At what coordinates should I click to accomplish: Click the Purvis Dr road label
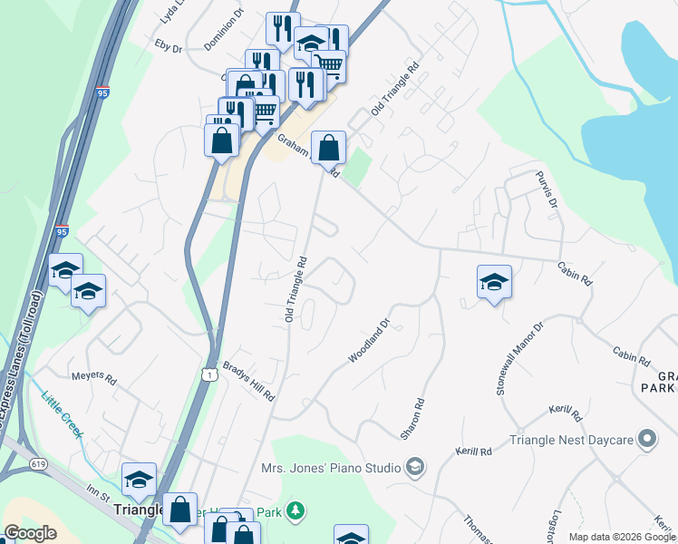(545, 189)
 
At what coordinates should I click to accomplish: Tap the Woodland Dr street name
(369, 341)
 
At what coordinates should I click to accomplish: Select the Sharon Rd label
(412, 417)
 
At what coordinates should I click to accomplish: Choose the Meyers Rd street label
(93, 376)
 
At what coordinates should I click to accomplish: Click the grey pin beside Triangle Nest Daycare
(647, 441)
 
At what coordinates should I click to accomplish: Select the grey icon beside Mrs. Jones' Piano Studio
(415, 468)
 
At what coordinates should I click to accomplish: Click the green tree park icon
(295, 512)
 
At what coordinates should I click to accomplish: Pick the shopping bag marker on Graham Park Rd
(328, 148)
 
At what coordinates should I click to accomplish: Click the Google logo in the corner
(30, 533)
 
